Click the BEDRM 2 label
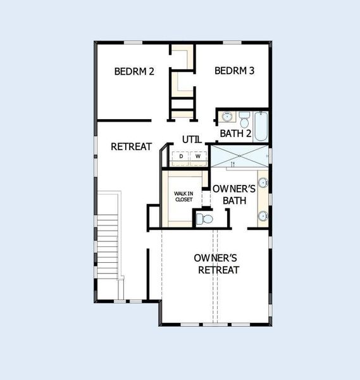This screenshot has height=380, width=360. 134,71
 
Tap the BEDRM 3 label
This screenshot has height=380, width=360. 234,71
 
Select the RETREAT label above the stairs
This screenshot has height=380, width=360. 131,146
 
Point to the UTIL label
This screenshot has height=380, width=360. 191,139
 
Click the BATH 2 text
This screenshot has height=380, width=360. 236,133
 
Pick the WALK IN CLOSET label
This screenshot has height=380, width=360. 183,196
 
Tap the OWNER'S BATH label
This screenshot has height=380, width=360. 233,194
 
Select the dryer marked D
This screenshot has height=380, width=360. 181,156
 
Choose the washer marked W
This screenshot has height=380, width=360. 197,156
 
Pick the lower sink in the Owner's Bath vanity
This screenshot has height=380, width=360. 262,215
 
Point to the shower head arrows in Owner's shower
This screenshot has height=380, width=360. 233,164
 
